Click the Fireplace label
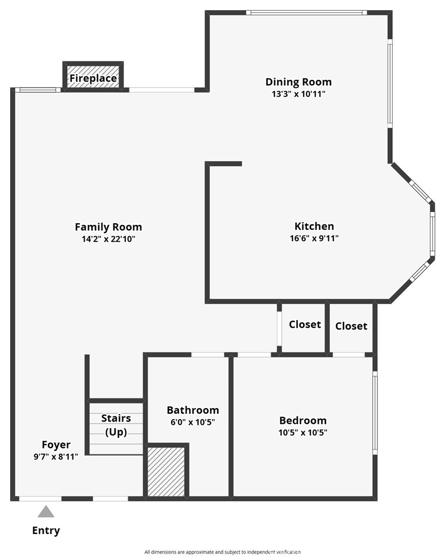93,79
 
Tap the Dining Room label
299,82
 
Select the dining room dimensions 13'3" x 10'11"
299,94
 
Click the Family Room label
108,227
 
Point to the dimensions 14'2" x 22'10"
108,239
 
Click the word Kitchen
314,227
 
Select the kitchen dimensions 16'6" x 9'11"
314,238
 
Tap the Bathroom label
193,410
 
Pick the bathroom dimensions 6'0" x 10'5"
193,422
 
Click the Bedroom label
303,420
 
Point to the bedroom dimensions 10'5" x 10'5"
303,433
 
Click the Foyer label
56,445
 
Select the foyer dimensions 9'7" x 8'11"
56,457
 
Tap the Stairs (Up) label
116,425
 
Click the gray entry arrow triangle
46,512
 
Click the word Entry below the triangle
46,531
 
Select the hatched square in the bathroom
166,472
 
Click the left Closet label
305,324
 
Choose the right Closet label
351,326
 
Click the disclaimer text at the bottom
222,552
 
